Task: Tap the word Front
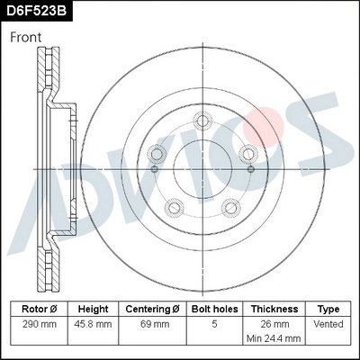pos(27,38)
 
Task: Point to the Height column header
pos(94,307)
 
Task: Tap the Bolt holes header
pos(214,307)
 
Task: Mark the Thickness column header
pos(274,307)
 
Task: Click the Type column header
pos(328,307)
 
